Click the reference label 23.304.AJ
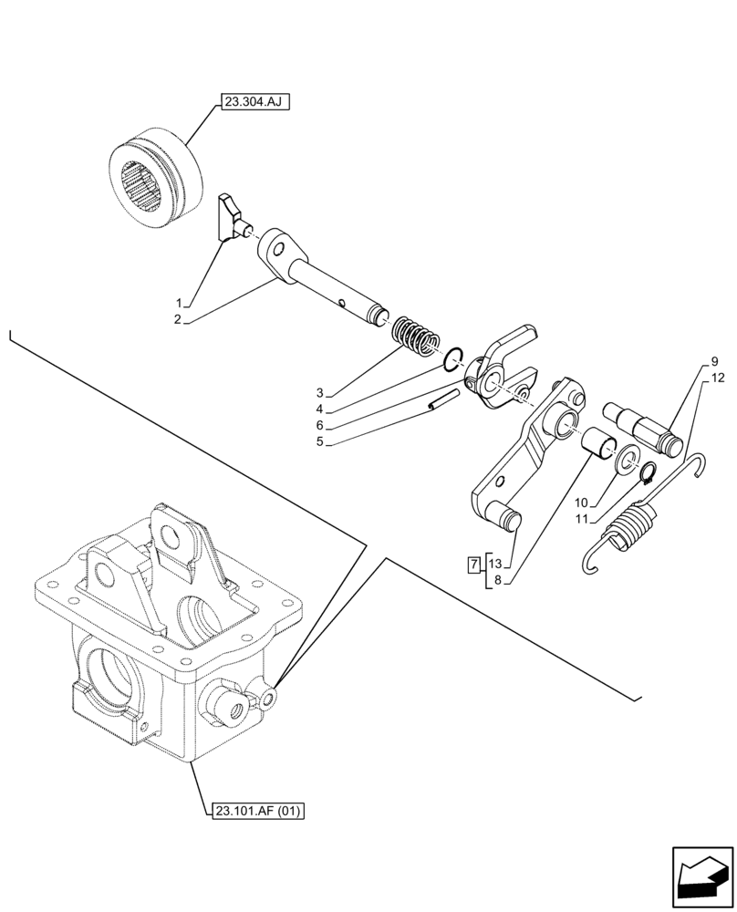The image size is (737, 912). (253, 103)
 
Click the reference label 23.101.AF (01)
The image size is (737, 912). (259, 809)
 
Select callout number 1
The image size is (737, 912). (181, 303)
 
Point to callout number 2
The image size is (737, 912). (181, 319)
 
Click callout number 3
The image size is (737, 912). (320, 393)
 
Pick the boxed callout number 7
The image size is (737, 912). (472, 565)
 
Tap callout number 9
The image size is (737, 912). (714, 361)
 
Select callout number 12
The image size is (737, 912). (718, 377)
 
